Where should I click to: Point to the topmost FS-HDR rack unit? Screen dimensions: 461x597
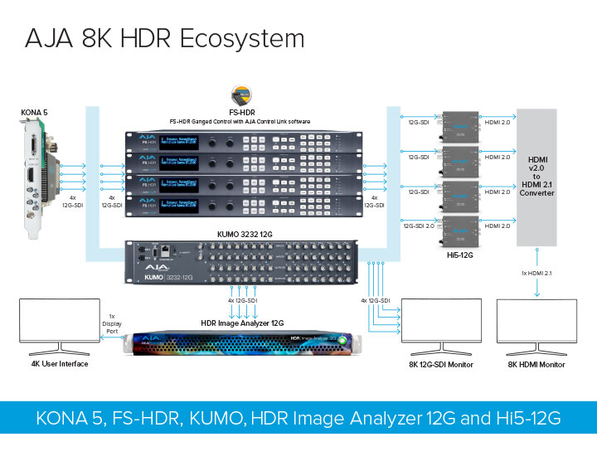point(241,142)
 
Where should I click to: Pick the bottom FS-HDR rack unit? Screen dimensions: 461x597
point(241,205)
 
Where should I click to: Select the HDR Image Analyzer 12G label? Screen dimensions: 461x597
point(242,323)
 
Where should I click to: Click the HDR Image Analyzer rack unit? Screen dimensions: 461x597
point(241,342)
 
